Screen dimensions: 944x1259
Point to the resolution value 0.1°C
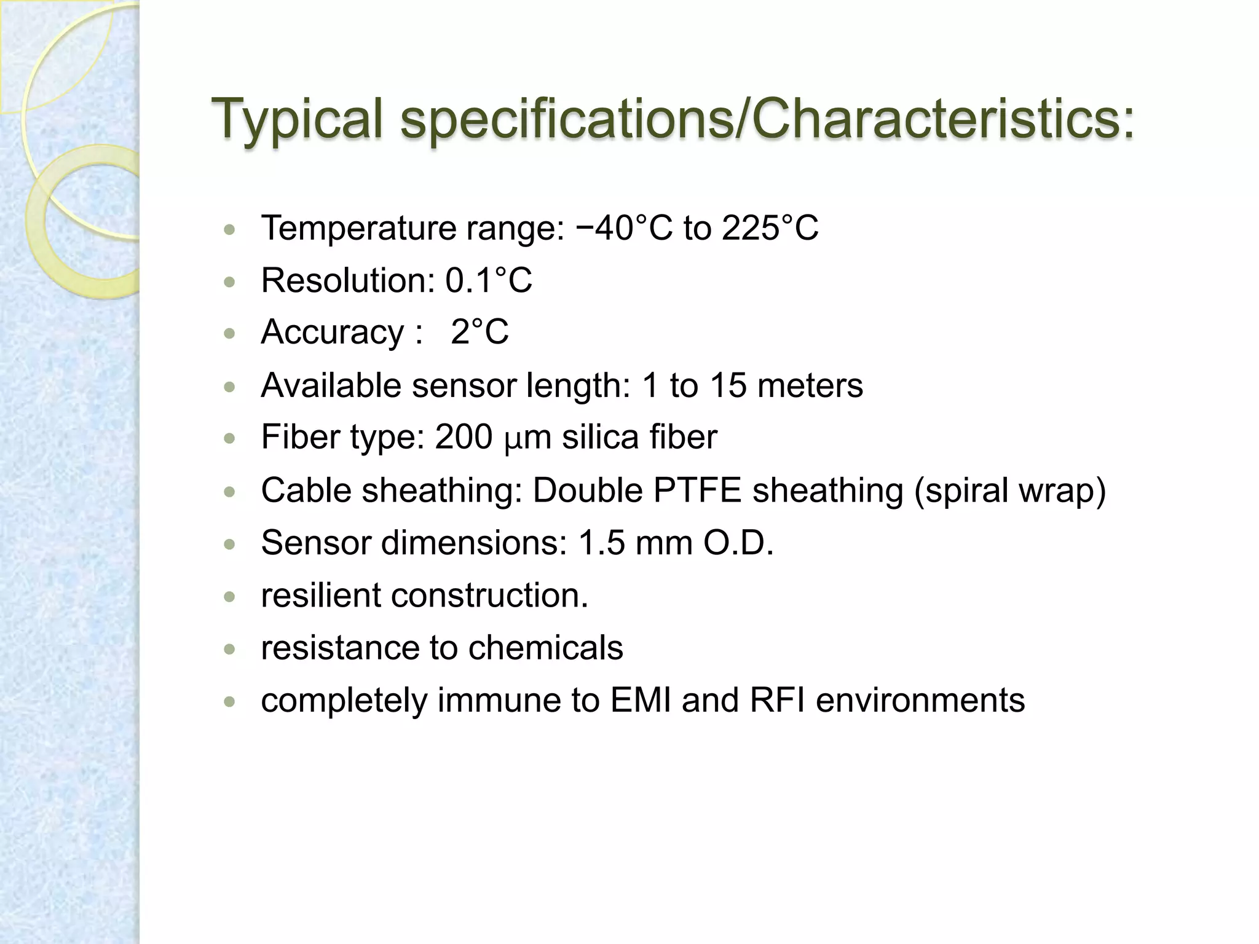[x=488, y=280]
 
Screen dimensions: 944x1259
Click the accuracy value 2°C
[x=480, y=332]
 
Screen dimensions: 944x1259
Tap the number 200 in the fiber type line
[x=464, y=437]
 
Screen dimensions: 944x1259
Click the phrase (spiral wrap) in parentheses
[x=1009, y=490]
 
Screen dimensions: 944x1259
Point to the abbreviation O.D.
[x=738, y=543]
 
